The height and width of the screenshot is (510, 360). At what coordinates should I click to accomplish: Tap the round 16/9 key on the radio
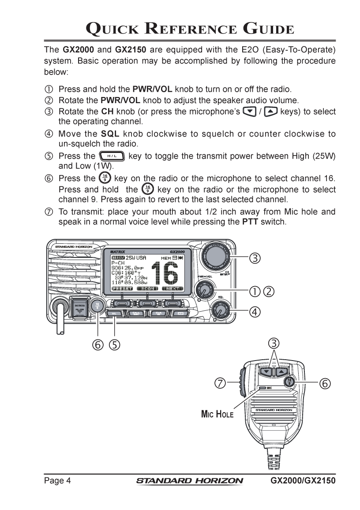pyautogui.click(x=97, y=306)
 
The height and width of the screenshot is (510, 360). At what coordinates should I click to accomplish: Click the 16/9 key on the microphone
pyautogui.click(x=290, y=382)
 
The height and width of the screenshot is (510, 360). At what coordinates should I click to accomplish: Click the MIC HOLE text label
pyautogui.click(x=217, y=414)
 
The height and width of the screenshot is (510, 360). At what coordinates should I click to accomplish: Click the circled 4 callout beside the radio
pyautogui.click(x=255, y=312)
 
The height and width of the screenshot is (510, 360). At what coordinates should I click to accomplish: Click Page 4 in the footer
pyautogui.click(x=57, y=480)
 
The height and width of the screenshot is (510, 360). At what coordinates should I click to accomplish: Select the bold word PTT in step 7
pyautogui.click(x=250, y=222)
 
